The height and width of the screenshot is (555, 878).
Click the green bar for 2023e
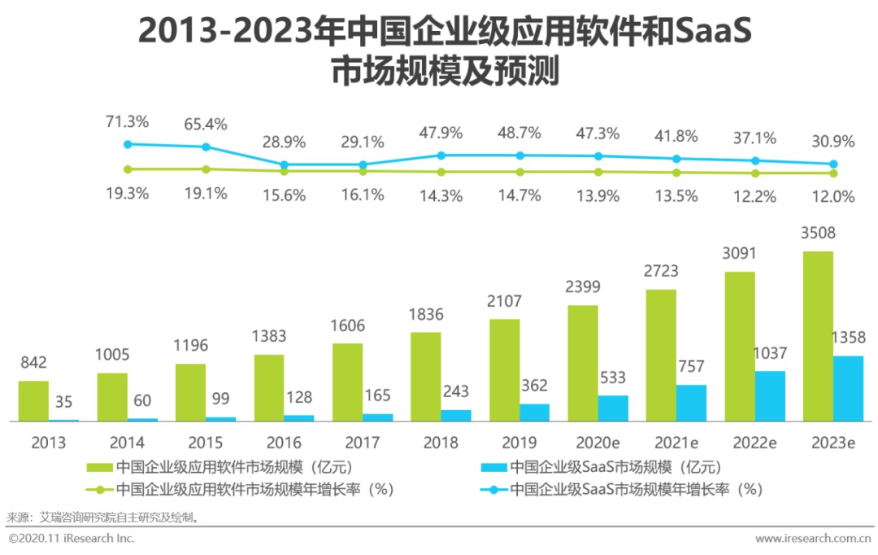[x=818, y=336]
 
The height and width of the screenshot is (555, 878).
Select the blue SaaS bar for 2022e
[x=770, y=396]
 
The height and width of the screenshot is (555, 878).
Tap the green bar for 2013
[x=33, y=401]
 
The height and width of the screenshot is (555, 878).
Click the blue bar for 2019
[x=535, y=413]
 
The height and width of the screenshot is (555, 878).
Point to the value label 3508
[x=818, y=234]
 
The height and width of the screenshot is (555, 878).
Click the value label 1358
[x=849, y=337]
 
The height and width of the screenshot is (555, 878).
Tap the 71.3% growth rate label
[x=127, y=122]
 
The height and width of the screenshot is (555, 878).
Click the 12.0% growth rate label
[x=833, y=196]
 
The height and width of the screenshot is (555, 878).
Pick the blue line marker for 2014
[x=206, y=147]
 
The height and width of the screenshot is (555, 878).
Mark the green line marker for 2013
[x=127, y=169]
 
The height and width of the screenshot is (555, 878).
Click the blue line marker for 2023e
[x=833, y=164]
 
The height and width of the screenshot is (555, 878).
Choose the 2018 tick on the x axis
[x=441, y=444]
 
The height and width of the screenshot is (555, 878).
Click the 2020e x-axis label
[x=597, y=444]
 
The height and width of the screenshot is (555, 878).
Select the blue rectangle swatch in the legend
[x=494, y=467]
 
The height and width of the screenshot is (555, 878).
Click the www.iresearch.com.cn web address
[x=812, y=539]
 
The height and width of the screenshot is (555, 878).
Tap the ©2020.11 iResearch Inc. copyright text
[x=72, y=539]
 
